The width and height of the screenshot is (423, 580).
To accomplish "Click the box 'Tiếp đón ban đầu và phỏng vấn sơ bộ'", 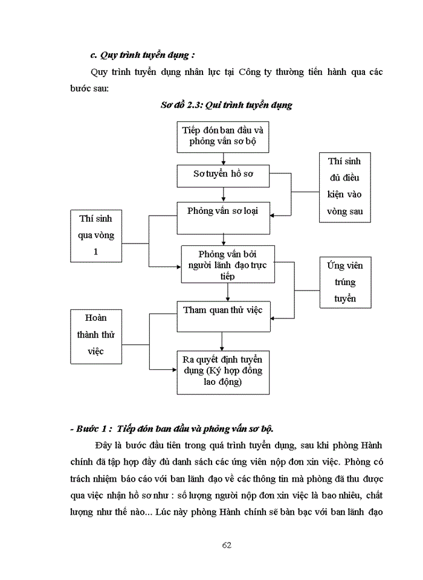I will click(x=224, y=137).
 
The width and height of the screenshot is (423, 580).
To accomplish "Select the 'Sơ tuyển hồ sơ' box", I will click(x=224, y=175).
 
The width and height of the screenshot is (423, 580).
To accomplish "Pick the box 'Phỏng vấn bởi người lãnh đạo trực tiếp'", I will click(x=228, y=263).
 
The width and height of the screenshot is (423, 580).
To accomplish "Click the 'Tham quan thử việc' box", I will click(x=224, y=310).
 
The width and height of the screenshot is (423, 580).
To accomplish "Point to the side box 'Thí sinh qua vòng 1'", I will click(x=95, y=234).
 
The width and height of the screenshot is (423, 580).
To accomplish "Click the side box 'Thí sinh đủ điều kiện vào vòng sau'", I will click(x=345, y=187).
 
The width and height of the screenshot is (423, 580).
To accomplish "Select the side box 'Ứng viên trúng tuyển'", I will click(x=345, y=282).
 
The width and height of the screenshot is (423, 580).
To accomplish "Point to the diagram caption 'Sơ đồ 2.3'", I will click(x=226, y=105).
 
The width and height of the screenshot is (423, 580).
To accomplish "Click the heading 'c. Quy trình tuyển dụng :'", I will click(x=142, y=55).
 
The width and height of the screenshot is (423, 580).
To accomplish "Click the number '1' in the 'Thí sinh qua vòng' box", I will click(x=95, y=251).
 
